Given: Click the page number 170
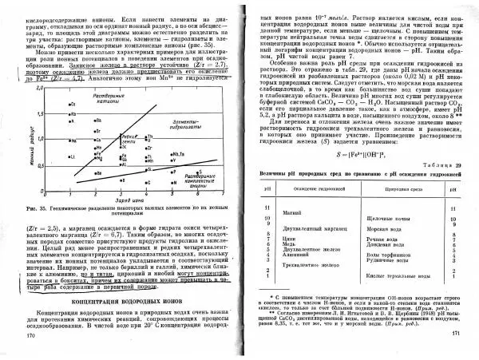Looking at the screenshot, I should click(32, 334).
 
